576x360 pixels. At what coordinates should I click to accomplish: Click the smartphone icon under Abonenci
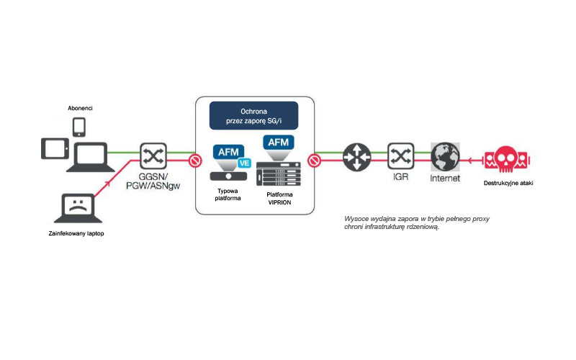point(80,127)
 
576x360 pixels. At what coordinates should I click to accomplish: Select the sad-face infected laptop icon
point(76,206)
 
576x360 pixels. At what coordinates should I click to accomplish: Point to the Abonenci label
point(80,108)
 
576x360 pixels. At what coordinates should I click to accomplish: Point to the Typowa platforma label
point(228,193)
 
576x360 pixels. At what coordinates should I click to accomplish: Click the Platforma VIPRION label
point(279,199)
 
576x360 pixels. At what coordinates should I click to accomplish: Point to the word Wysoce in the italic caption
point(356,218)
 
